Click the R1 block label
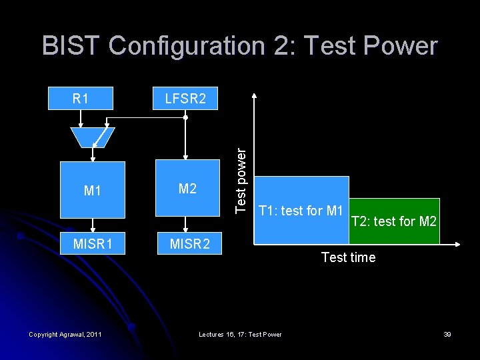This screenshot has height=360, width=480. [x=81, y=99]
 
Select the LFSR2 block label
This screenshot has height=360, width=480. [x=185, y=99]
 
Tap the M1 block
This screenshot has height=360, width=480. [x=93, y=191]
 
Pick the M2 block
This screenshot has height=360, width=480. [x=187, y=189]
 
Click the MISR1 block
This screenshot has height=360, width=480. [x=93, y=244]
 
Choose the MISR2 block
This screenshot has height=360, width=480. [x=189, y=244]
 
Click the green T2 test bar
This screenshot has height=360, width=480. [x=393, y=221]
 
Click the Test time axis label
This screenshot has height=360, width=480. [x=348, y=257]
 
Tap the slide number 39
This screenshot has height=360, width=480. [x=447, y=334]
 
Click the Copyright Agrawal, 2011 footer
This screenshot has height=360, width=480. [x=65, y=334]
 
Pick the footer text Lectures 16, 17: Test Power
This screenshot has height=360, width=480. [x=240, y=334]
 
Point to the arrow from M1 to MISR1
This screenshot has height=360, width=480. [x=93, y=225]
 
